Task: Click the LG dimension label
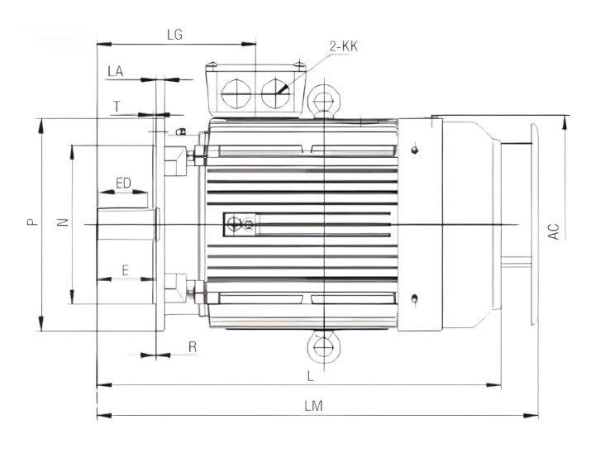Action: (174, 35)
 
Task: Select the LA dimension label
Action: (115, 73)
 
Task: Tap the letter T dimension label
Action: (117, 107)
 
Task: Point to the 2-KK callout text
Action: (343, 46)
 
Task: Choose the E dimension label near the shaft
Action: (125, 269)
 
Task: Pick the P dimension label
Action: (31, 222)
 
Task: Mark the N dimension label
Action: (62, 222)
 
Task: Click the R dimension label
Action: (192, 347)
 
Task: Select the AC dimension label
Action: (555, 231)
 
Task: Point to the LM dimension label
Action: (312, 406)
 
